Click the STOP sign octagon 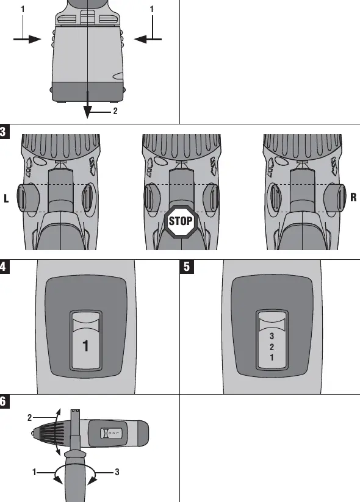pos(181,221)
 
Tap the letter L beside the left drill pos(6,198)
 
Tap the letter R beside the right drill pos(353,197)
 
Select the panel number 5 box pos(187,267)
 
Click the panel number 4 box pos(4,267)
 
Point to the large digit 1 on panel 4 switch pos(85,346)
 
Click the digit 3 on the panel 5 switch pos(272,336)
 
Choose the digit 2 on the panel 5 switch pos(272,346)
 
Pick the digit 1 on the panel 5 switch pos(272,357)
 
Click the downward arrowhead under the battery pos(87,112)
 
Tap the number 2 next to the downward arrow pos(115,111)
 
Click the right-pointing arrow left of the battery pos(27,40)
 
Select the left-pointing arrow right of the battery pos(148,40)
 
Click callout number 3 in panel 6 pos(117,472)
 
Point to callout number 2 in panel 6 pos(29,418)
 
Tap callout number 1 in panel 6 pos(34,472)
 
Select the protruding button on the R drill pos(335,198)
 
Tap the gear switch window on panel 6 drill pos(112,434)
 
